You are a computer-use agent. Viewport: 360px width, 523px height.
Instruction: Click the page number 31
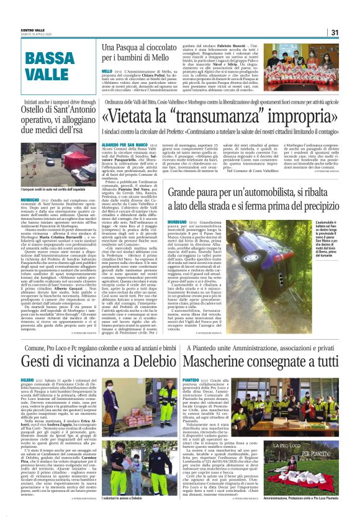[x=351, y=33]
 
